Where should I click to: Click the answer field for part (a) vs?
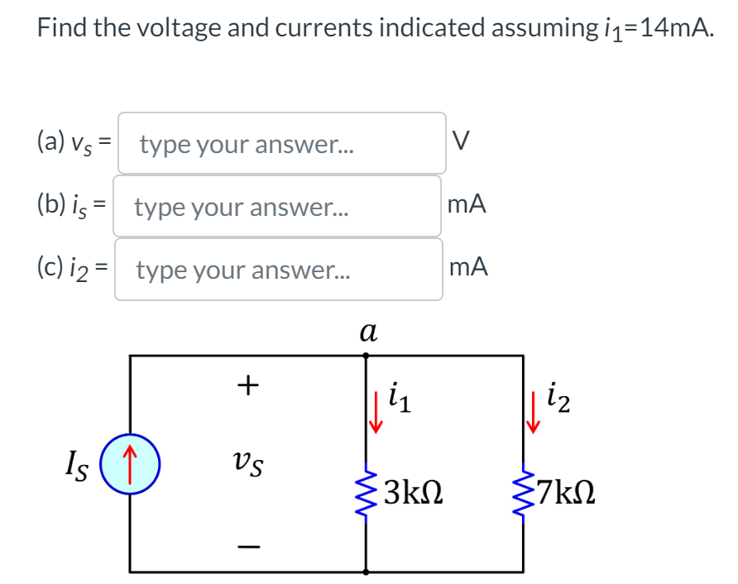point(281,144)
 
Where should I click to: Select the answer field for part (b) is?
point(277,207)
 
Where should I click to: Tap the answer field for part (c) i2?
point(277,270)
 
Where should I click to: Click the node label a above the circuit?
point(368,331)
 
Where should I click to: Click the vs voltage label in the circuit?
point(247,464)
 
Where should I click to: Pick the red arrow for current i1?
point(376,415)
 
